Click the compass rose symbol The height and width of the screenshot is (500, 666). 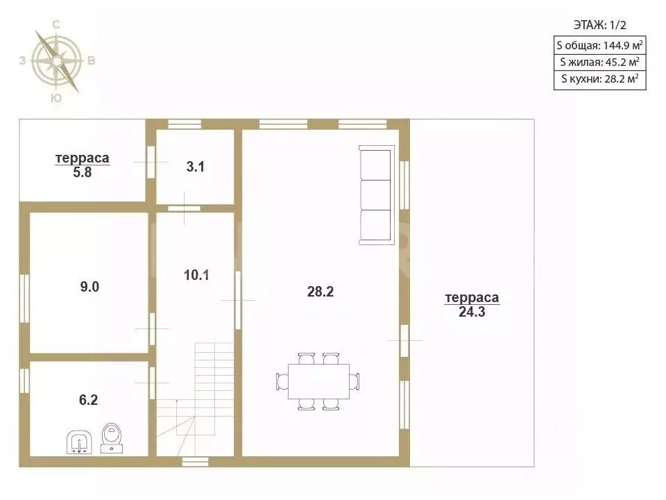coord(56,62)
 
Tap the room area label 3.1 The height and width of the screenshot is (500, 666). coord(196,167)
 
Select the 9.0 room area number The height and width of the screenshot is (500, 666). coord(89,287)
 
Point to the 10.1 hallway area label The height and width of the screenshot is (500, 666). coord(196,275)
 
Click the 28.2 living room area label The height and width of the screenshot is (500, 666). coord(321,292)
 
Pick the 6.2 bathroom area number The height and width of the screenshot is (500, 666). coord(88,400)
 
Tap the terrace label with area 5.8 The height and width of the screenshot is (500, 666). coord(83,165)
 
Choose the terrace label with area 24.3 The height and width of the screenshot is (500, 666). coord(472,304)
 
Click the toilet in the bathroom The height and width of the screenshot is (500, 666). coord(112,438)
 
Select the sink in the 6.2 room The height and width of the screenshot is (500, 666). coord(79,442)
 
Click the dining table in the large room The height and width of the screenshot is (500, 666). coord(318,381)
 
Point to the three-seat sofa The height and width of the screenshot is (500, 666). coord(377,195)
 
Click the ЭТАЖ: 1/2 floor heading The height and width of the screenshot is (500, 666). coord(599,25)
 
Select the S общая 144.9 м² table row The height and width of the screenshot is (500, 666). coord(599,45)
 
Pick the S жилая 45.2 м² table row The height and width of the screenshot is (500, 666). coord(599,62)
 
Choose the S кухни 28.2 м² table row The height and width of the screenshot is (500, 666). coord(599,80)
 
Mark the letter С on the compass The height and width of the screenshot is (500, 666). coord(56,25)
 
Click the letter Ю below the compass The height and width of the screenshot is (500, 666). coord(56,98)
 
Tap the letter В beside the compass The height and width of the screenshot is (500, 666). coord(92,61)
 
